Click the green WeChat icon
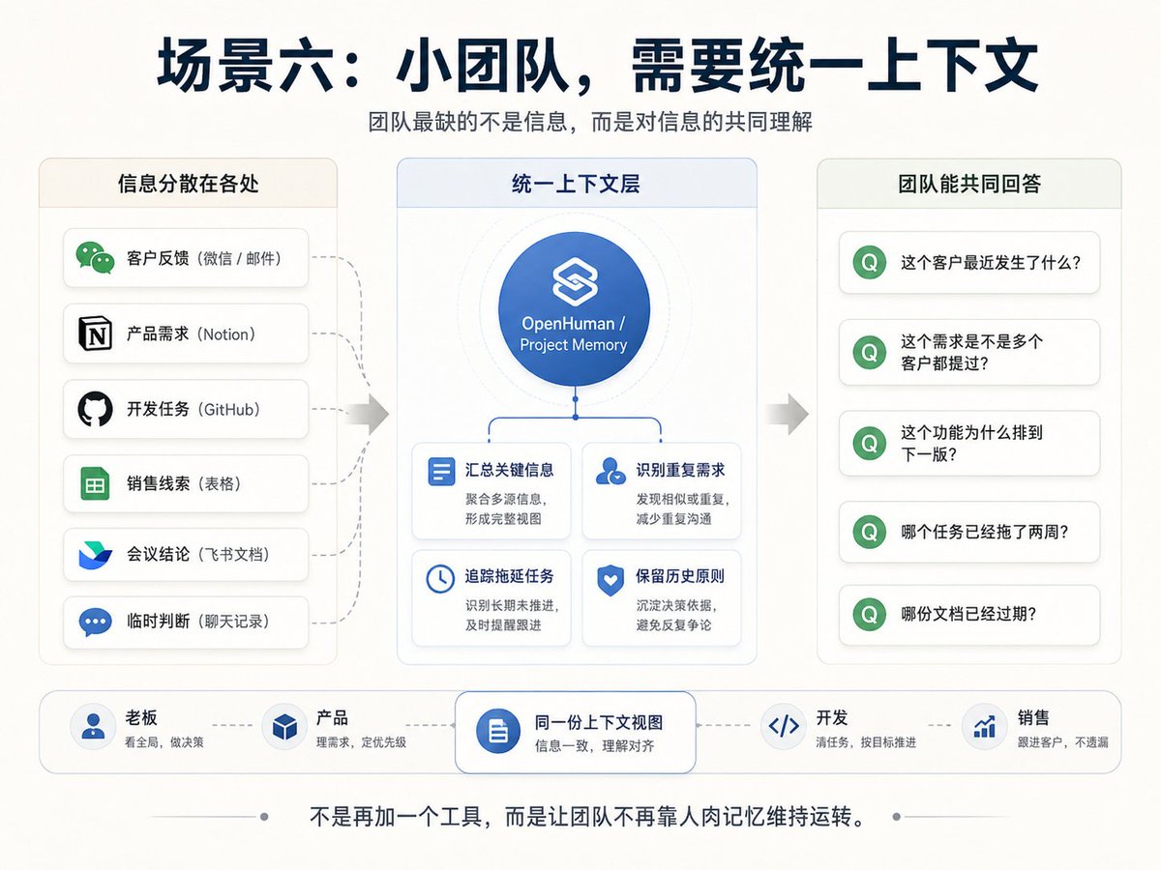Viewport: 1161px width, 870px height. [x=95, y=258]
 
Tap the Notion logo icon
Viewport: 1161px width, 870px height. [x=95, y=333]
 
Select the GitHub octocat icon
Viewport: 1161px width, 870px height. [x=95, y=409]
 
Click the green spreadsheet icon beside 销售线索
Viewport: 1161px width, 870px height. [x=95, y=483]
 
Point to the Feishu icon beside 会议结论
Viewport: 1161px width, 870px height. [x=95, y=555]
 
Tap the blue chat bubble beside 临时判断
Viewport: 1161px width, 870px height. [x=95, y=622]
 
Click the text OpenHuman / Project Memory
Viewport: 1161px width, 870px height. [x=574, y=333]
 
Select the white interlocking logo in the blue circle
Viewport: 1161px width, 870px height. [x=575, y=281]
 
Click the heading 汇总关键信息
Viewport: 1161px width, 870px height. [x=509, y=470]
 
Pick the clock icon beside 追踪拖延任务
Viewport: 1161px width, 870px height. [x=440, y=579]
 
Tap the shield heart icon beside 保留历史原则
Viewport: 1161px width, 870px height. [x=610, y=580]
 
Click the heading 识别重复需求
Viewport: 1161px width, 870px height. [x=680, y=470]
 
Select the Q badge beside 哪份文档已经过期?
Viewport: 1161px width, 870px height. [x=870, y=615]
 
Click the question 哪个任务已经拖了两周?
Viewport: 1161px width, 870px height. [x=984, y=532]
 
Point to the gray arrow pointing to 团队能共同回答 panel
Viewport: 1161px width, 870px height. [x=788, y=414]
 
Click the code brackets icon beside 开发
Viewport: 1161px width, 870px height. [x=784, y=726]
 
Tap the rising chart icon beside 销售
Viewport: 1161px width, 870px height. [x=984, y=726]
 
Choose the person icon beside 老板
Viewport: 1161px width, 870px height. [x=93, y=726]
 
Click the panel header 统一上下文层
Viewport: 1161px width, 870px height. [x=576, y=184]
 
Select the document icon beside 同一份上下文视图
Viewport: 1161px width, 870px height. [x=497, y=731]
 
